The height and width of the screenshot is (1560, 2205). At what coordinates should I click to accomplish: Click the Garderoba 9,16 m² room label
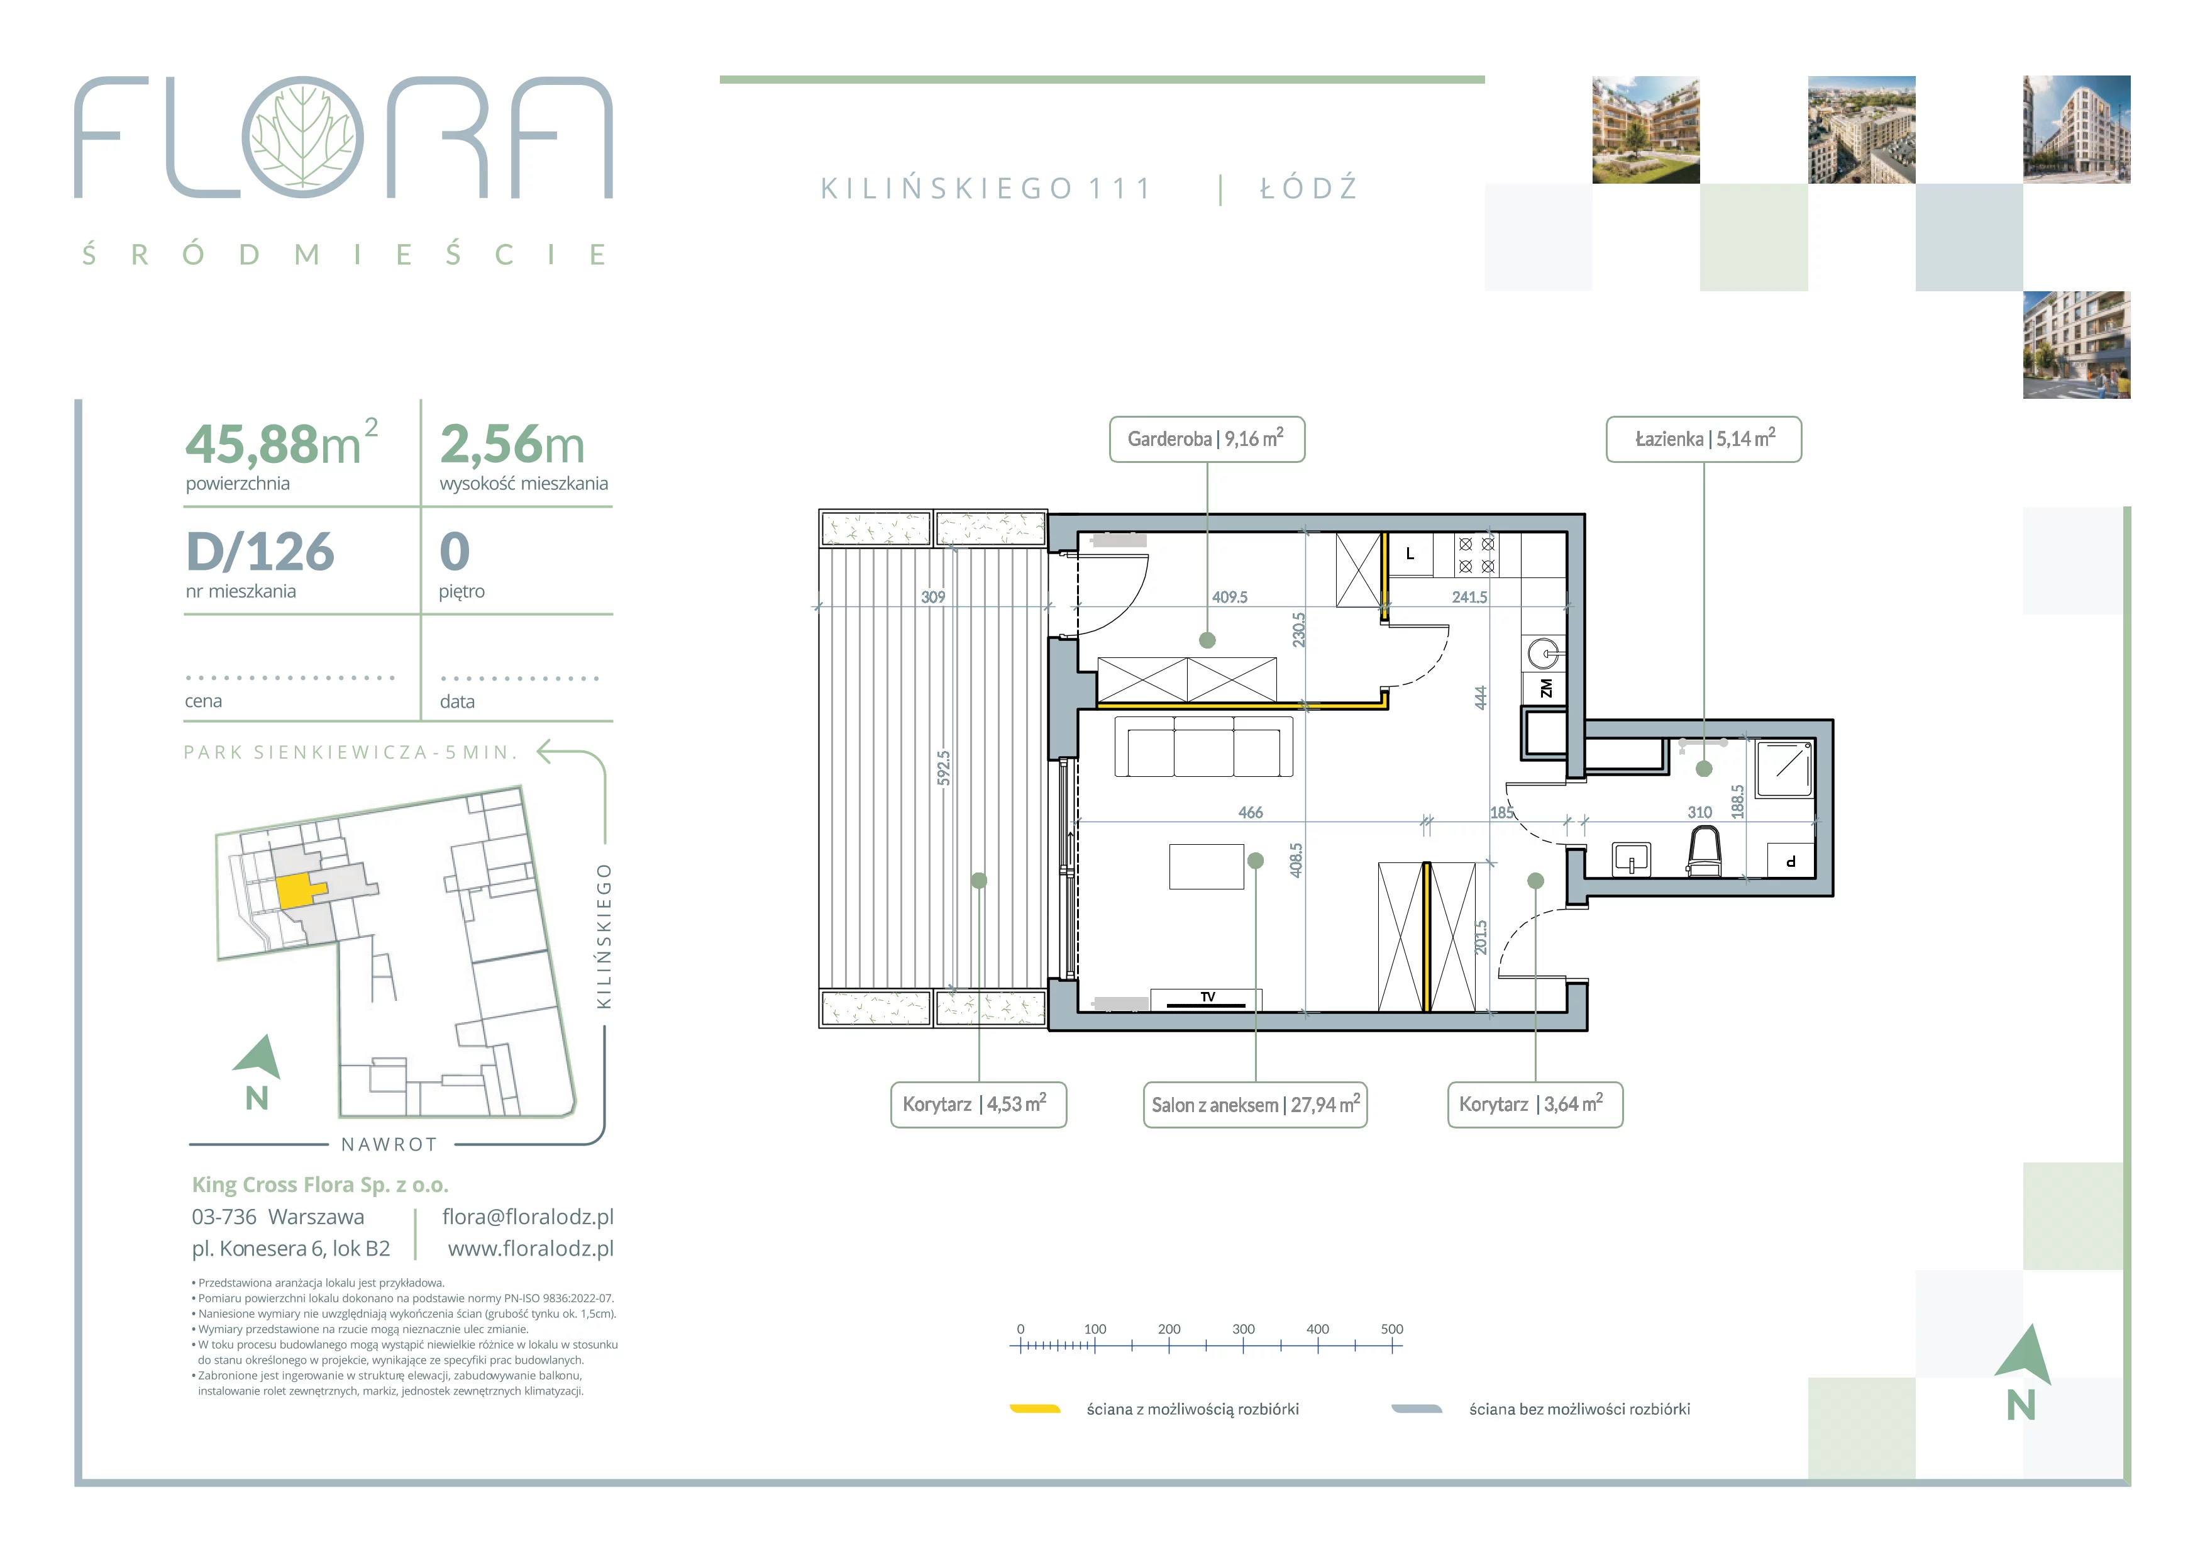pyautogui.click(x=1206, y=439)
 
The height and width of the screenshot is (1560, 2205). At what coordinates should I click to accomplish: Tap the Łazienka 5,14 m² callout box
pyautogui.click(x=1704, y=439)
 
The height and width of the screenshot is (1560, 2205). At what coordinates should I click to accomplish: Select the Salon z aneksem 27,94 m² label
pyautogui.click(x=1255, y=1105)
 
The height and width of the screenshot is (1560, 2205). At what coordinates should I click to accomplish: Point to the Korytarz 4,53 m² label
pyautogui.click(x=978, y=1105)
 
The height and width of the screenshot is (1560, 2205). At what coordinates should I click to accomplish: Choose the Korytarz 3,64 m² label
pyautogui.click(x=1535, y=1105)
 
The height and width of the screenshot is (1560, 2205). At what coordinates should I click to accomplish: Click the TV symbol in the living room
pyautogui.click(x=1206, y=999)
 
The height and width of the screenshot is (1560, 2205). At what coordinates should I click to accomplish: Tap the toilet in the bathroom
pyautogui.click(x=1704, y=852)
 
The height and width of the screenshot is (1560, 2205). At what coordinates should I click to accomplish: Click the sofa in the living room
pyautogui.click(x=1203, y=747)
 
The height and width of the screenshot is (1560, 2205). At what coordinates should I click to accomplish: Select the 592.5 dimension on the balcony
pyautogui.click(x=943, y=769)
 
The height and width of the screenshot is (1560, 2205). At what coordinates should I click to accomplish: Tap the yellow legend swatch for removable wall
pyautogui.click(x=1034, y=1409)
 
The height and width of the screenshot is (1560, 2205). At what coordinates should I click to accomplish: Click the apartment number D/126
pyautogui.click(x=260, y=552)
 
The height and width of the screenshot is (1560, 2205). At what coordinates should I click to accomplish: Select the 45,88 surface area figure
pyautogui.click(x=251, y=444)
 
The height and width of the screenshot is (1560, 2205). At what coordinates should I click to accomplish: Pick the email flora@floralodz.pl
pyautogui.click(x=528, y=1217)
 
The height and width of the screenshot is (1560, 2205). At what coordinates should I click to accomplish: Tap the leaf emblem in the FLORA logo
pyautogui.click(x=302, y=137)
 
